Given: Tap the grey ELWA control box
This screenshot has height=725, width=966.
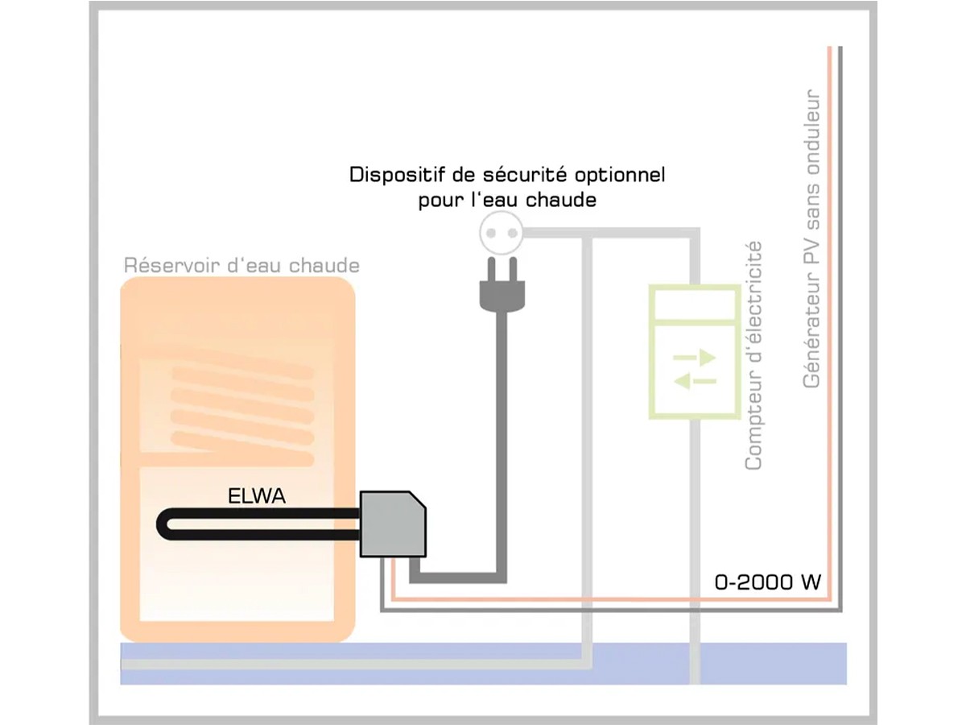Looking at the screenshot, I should (392, 524).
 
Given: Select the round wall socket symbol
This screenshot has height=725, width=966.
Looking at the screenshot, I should (500, 234).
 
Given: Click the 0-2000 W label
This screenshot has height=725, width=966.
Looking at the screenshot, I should (767, 582).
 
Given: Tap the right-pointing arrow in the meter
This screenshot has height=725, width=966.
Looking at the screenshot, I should (694, 357).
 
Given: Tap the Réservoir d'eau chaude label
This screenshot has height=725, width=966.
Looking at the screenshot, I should (242, 266).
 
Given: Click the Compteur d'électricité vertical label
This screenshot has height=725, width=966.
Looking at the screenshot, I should (753, 355).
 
